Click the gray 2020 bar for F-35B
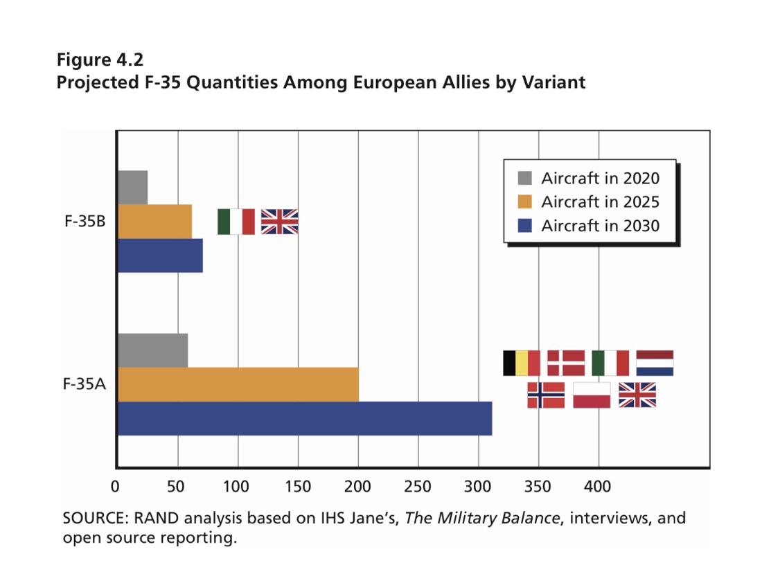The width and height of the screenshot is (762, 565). click(133, 187)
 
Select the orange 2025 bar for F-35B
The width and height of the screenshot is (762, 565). click(155, 222)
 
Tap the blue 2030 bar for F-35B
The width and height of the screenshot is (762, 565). click(161, 255)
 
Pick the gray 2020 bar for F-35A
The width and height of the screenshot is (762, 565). click(153, 350)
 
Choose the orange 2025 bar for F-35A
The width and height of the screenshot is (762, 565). click(238, 384)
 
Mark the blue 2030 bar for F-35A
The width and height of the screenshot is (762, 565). click(305, 418)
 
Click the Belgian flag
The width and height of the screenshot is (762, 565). click(521, 363)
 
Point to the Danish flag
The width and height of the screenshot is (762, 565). click(566, 363)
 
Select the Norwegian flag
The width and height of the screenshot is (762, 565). click(546, 395)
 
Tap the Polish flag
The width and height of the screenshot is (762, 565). click(592, 395)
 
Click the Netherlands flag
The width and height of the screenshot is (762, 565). click(655, 363)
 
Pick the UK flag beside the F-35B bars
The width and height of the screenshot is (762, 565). click(279, 222)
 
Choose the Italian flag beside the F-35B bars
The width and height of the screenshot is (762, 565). click(236, 222)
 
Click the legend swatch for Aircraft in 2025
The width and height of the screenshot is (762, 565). click(525, 201)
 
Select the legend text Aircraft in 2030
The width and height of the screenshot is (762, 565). click(600, 225)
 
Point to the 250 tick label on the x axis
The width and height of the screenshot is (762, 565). click(418, 487)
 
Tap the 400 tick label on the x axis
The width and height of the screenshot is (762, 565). click(598, 487)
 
